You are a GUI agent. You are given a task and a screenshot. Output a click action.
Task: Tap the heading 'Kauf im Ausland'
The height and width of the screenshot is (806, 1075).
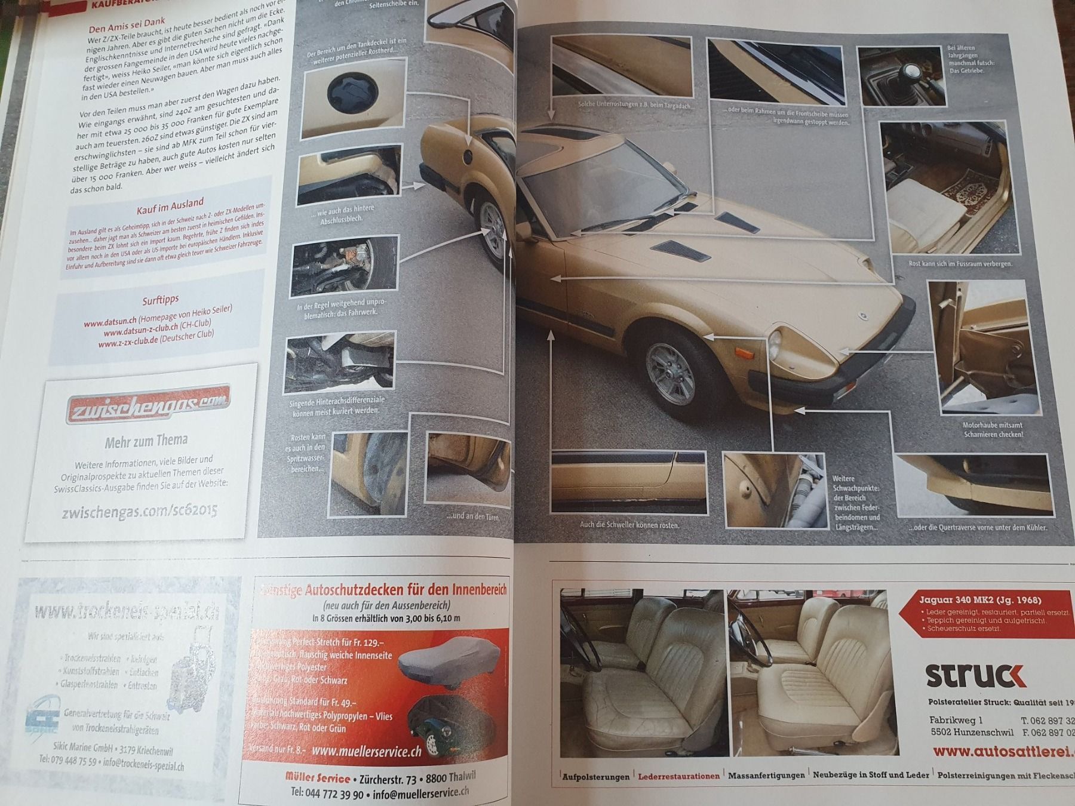point(170,206)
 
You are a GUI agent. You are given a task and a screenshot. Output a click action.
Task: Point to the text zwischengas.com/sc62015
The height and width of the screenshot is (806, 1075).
point(139,512)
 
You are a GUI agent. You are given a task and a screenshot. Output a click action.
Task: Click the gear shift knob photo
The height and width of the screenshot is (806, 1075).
point(902,76)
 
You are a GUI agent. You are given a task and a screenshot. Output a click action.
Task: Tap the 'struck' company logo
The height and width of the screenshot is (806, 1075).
point(975,676)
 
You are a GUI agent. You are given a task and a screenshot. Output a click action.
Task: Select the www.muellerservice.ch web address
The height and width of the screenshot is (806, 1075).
point(366,752)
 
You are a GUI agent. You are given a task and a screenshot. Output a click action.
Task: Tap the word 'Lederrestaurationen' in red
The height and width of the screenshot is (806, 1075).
point(678,776)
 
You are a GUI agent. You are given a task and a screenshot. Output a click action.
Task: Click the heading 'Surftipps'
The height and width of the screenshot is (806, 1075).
point(160,300)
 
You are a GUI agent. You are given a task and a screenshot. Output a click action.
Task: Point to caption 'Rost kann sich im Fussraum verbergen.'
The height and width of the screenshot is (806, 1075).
point(956,263)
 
